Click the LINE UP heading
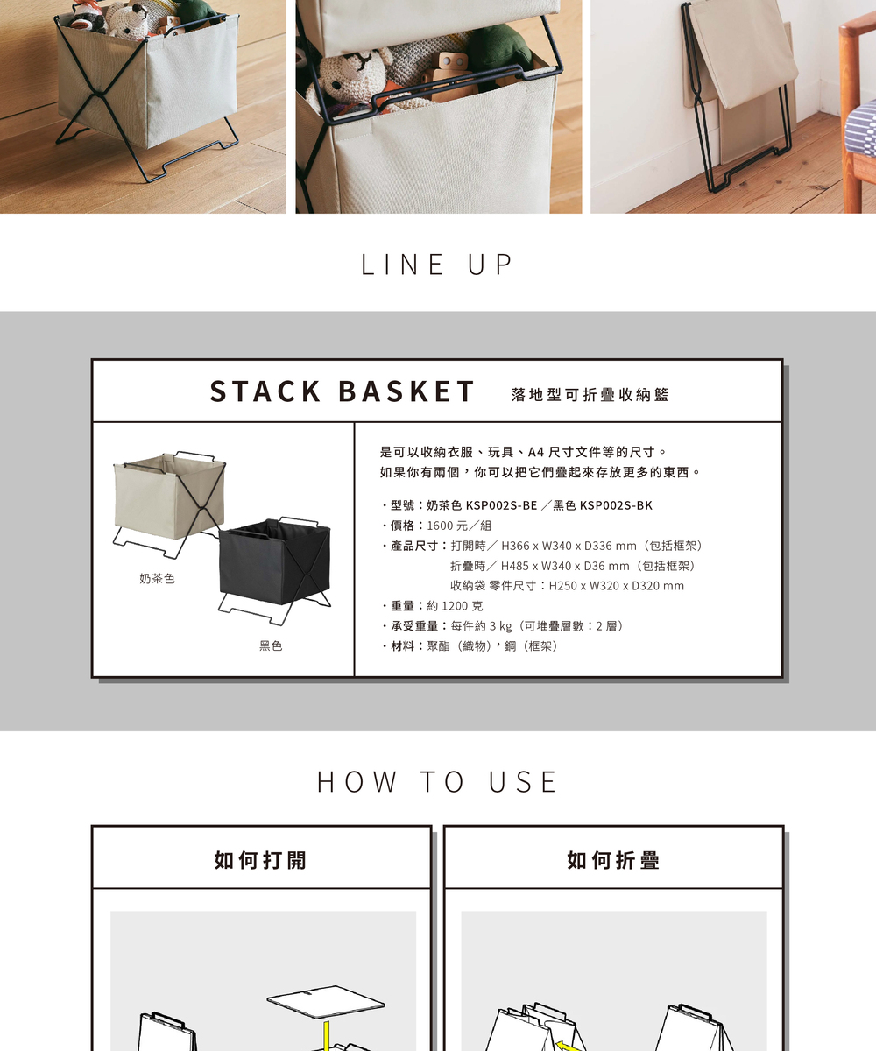point(437,265)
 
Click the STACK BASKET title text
point(343,391)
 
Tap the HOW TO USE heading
point(437,782)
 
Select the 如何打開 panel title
point(260,860)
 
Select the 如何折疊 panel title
point(613,860)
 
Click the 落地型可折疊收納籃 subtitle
point(590,395)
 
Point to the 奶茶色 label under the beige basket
point(157,578)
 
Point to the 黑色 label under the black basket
point(271,645)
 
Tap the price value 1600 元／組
point(459,525)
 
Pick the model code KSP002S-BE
point(501,505)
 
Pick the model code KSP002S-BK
point(616,505)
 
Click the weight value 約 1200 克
point(455,606)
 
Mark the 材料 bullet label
point(403,645)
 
